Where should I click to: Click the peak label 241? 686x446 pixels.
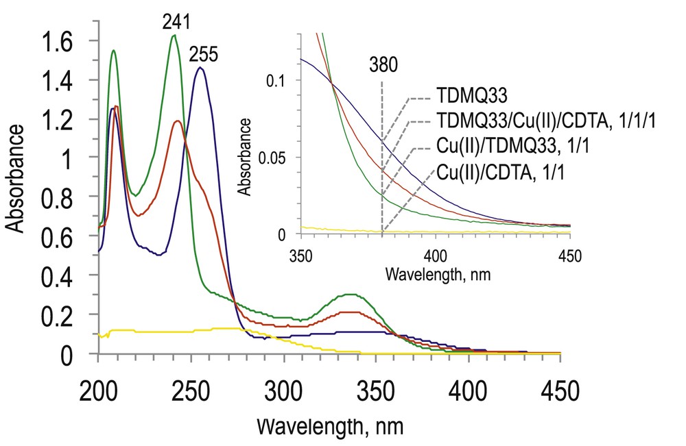click(176, 21)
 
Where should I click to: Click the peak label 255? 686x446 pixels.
click(202, 54)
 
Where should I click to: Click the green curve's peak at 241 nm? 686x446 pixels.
click(174, 36)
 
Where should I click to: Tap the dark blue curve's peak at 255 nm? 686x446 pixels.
click(200, 68)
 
